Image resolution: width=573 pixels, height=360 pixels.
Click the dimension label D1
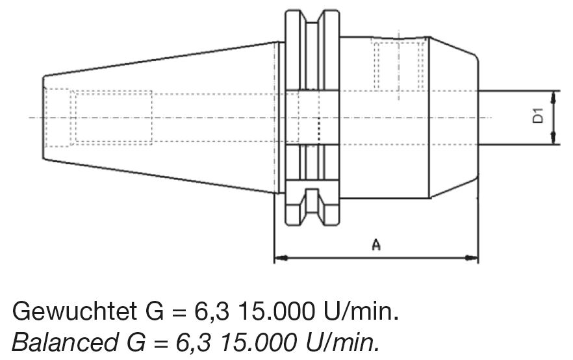click(x=537, y=116)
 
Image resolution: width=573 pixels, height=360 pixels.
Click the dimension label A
click(x=376, y=244)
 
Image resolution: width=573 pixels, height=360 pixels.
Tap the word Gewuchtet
click(x=75, y=311)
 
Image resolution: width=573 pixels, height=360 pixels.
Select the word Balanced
click(x=65, y=342)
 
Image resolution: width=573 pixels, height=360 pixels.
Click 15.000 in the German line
click(x=276, y=311)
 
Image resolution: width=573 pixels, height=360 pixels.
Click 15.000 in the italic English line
click(x=258, y=342)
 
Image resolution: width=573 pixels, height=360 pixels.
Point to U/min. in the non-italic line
click(x=361, y=311)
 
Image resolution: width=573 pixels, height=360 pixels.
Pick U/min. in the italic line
click(x=342, y=342)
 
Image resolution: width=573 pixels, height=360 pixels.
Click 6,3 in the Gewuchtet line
click(x=212, y=311)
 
